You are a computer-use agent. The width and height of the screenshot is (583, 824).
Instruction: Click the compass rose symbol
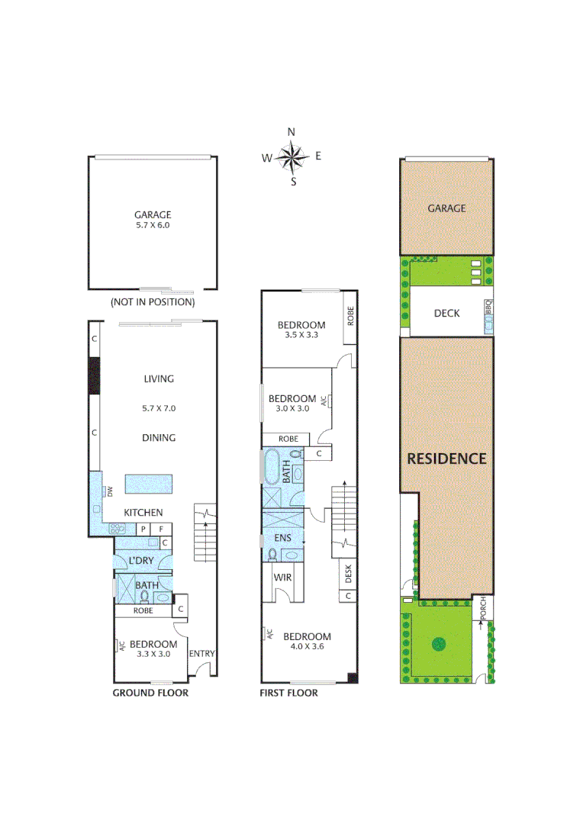pyautogui.click(x=291, y=157)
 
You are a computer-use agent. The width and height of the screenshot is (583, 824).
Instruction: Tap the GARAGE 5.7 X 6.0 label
pyautogui.click(x=153, y=220)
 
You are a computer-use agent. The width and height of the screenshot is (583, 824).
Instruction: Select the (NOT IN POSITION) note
pyautogui.click(x=153, y=302)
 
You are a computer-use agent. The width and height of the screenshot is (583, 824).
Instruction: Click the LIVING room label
pyautogui.click(x=159, y=378)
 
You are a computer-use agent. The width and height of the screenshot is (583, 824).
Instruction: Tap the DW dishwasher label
pyautogui.click(x=110, y=490)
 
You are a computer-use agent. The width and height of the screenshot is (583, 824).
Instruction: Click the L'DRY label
pyautogui.click(x=141, y=561)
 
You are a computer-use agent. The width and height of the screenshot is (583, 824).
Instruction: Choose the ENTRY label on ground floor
pyautogui.click(x=201, y=653)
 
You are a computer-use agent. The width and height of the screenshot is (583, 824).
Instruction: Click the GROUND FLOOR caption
pyautogui.click(x=150, y=693)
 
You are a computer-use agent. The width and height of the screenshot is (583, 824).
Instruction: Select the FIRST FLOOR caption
pyautogui.click(x=289, y=693)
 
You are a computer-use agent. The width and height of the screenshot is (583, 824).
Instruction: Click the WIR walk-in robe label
pyautogui.click(x=283, y=578)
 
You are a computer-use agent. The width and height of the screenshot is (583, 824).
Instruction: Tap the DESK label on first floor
pyautogui.click(x=348, y=572)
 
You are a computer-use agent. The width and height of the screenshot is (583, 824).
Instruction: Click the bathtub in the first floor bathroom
pyautogui.click(x=272, y=467)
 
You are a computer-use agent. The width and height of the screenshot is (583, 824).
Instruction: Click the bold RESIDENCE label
pyautogui.click(x=446, y=459)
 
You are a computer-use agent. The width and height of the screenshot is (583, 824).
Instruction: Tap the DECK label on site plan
pyautogui.click(x=446, y=313)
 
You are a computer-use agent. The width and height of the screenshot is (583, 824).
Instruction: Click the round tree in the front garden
pyautogui.click(x=439, y=643)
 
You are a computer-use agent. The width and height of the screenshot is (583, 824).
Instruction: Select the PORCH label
pyautogui.click(x=482, y=607)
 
